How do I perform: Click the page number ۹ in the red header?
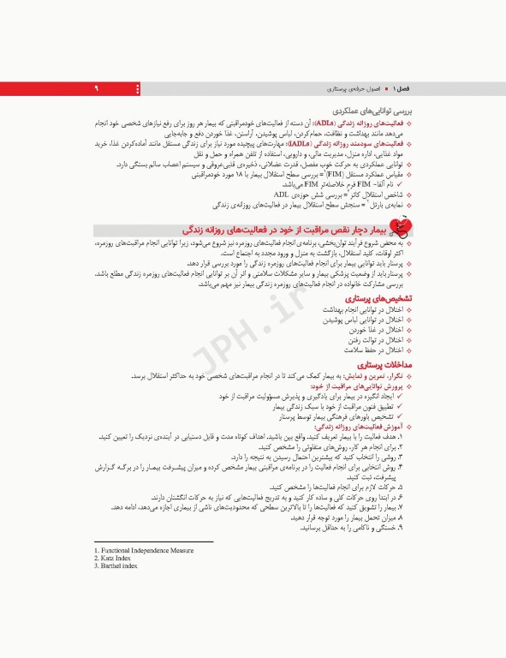click(x=96, y=89)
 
